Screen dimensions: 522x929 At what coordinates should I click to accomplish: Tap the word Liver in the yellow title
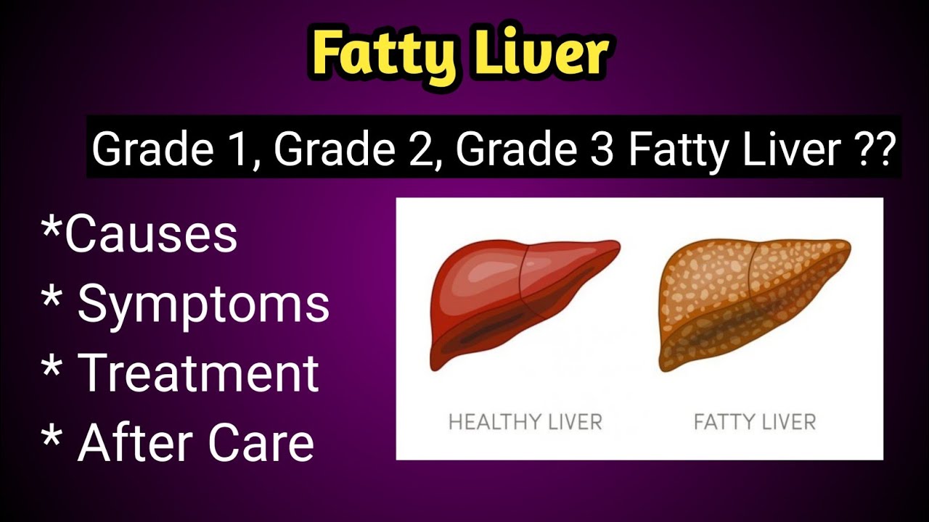pos(536,53)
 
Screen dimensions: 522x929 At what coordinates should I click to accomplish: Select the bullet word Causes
pos(151,233)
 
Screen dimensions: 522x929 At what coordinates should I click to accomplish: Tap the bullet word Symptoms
pos(203,304)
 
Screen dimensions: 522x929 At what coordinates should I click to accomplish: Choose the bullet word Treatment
pos(198,373)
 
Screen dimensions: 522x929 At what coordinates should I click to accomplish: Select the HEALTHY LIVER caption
pos(525,421)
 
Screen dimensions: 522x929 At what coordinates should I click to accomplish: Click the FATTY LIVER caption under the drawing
pos(755,421)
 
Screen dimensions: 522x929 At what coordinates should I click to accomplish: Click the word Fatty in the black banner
pos(677,150)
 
